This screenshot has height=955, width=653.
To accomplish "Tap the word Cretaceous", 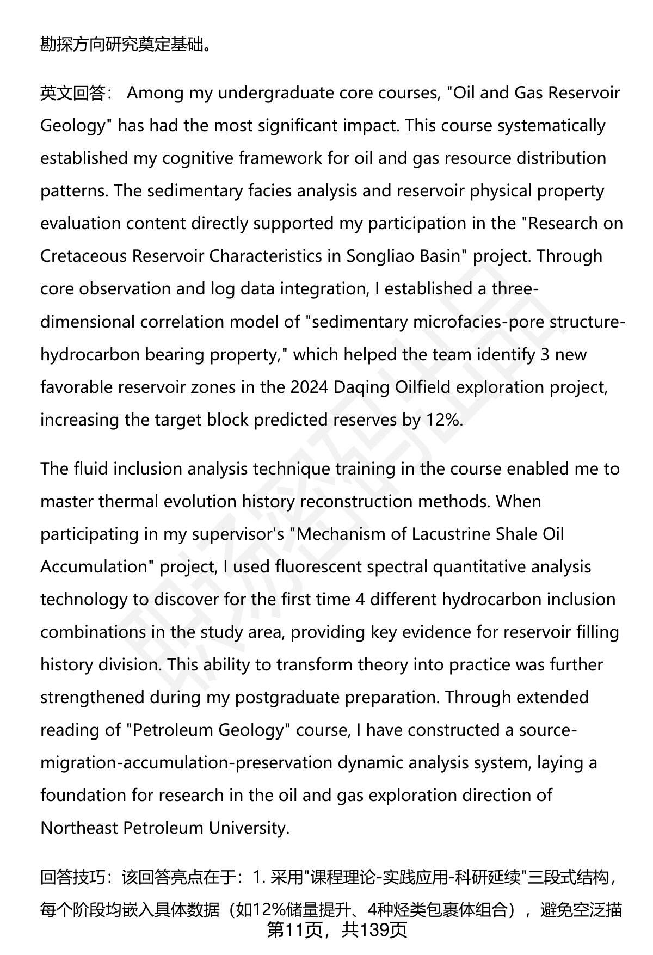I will tap(83, 256).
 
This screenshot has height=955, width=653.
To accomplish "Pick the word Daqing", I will tap(360, 387).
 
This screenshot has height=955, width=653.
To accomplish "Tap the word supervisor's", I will tap(238, 534).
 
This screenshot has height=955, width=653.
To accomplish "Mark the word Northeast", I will tap(79, 828).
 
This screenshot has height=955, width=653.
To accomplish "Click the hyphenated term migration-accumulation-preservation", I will tap(186, 762).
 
